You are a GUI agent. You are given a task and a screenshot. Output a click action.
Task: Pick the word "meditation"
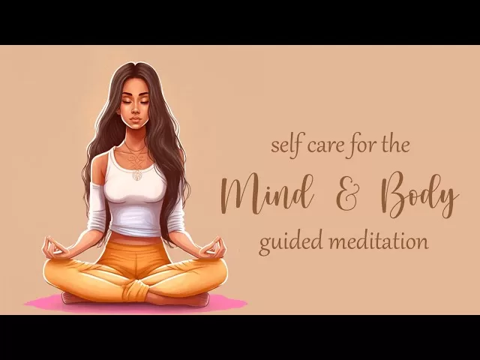[381, 242]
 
